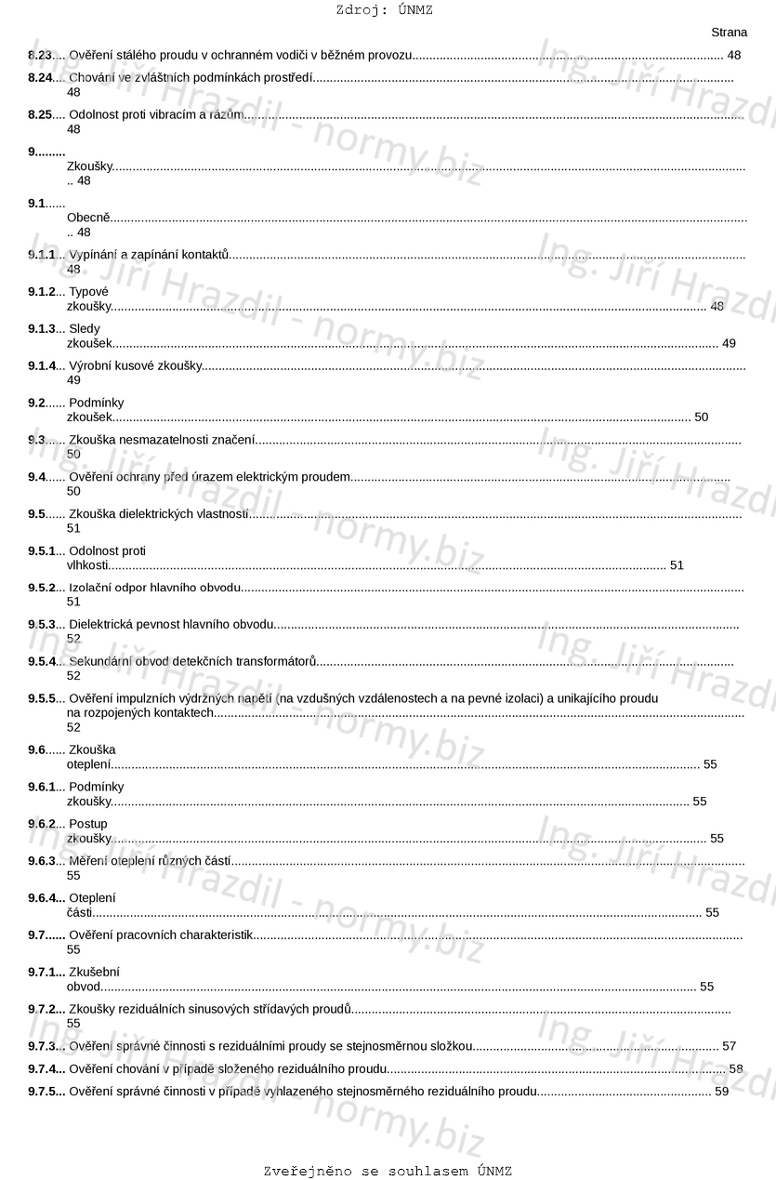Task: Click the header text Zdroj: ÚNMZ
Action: click(384, 10)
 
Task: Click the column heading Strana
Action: click(729, 33)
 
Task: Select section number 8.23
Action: click(40, 56)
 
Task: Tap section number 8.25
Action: click(40, 114)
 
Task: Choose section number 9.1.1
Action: click(42, 255)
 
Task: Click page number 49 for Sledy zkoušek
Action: click(729, 343)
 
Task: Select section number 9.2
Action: click(37, 403)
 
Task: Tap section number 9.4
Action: click(37, 477)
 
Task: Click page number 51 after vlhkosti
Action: click(677, 565)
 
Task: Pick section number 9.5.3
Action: click(42, 624)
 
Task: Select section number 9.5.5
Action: click(42, 698)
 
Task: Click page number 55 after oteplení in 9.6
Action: click(710, 764)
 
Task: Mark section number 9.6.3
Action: click(42, 861)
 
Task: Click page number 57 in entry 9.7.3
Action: click(729, 1046)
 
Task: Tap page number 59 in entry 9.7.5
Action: click(721, 1091)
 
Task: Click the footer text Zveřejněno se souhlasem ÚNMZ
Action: click(388, 1171)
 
